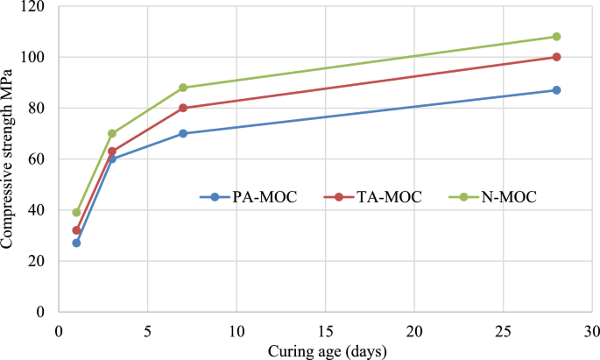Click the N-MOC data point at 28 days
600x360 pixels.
[x=556, y=37]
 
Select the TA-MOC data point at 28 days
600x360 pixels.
[x=556, y=57]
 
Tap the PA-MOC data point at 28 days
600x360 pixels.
[x=556, y=90]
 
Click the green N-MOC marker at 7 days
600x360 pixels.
[x=183, y=88]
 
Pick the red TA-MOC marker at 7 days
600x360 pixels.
[x=183, y=108]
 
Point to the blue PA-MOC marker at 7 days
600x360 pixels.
[x=183, y=133]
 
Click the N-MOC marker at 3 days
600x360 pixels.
[x=112, y=133]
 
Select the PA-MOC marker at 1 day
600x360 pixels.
[x=76, y=243]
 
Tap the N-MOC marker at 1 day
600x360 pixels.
[x=76, y=212]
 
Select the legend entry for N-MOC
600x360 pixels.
[x=496, y=197]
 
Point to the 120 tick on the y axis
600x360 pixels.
[x=37, y=7]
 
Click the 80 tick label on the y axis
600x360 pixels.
[x=40, y=109]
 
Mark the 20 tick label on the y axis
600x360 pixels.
[x=40, y=261]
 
